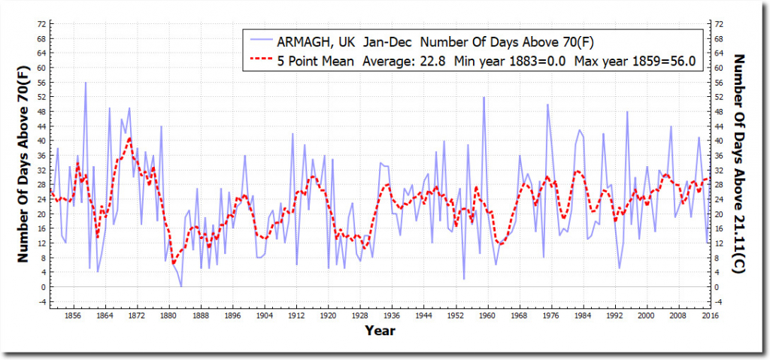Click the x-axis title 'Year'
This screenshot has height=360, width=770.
pos(380,331)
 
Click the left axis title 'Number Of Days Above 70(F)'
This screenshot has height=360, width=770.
pos(23,159)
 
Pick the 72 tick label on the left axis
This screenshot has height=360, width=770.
pos(41,24)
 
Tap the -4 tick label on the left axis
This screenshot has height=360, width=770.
pos(41,302)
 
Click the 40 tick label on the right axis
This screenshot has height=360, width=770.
pos(718,141)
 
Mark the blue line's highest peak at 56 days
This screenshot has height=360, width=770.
pos(86,83)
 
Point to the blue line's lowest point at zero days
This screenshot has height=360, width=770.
pos(181,286)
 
